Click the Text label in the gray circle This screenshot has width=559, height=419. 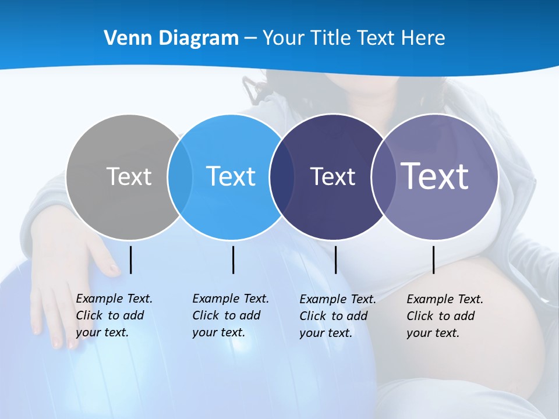(x=129, y=176)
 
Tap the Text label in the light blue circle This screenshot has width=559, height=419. (x=231, y=176)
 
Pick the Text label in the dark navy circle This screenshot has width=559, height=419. (x=332, y=176)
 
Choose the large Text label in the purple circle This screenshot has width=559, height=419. (x=435, y=176)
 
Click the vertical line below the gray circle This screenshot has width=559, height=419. (x=131, y=260)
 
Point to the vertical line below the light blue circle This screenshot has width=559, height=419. (x=233, y=260)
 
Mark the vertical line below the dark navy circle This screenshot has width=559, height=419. (x=335, y=260)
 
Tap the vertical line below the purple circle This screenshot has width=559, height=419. (x=434, y=260)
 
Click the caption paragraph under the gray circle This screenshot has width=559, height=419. (x=114, y=315)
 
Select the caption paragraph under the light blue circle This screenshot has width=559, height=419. (x=231, y=315)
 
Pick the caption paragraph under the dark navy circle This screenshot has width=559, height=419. (x=338, y=316)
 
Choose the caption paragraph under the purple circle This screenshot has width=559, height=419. (x=445, y=316)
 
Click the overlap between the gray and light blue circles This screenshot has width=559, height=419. (x=181, y=176)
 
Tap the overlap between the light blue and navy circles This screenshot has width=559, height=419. (x=282, y=176)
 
